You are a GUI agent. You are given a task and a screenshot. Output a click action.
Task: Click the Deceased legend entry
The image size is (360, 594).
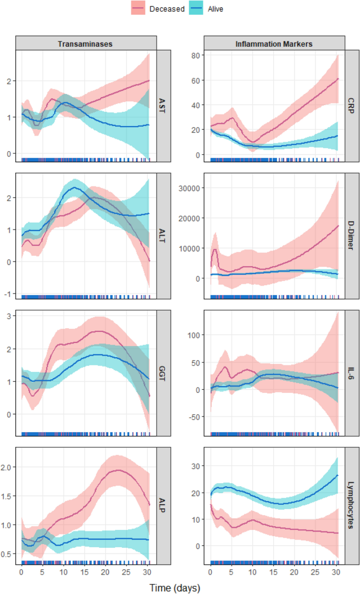158,9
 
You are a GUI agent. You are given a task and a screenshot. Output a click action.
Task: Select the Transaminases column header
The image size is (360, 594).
86,44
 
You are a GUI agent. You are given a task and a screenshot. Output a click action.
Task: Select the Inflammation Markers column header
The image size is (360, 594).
274,44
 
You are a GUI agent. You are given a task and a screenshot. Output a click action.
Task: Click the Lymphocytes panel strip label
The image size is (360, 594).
352,503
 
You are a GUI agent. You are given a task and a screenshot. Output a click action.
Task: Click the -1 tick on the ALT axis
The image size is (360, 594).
9,294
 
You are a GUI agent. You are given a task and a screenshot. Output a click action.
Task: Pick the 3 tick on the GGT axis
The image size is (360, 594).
10,316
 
